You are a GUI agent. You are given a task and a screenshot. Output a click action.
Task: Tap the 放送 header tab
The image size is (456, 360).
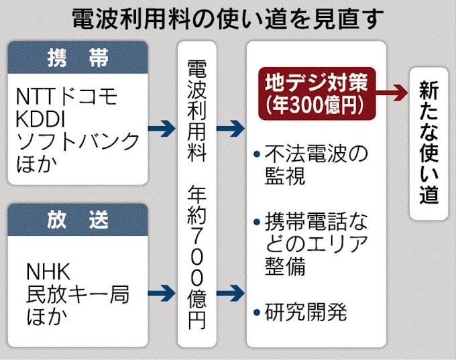tap(78, 220)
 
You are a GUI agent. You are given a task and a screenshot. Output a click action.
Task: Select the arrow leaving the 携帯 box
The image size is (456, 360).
tap(162, 128)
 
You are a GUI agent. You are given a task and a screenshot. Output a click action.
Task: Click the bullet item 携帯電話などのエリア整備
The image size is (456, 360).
tap(315, 244)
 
